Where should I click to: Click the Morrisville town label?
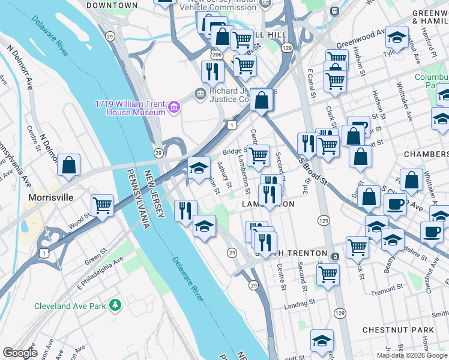[x=51, y=197]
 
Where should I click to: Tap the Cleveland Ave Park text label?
[x=70, y=305]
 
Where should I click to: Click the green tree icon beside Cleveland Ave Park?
[x=115, y=305]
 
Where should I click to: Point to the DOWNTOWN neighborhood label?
[x=112, y=5]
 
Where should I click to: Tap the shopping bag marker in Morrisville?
[x=69, y=165]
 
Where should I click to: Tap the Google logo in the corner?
[x=20, y=353]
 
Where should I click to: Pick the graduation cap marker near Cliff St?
[x=322, y=340]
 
